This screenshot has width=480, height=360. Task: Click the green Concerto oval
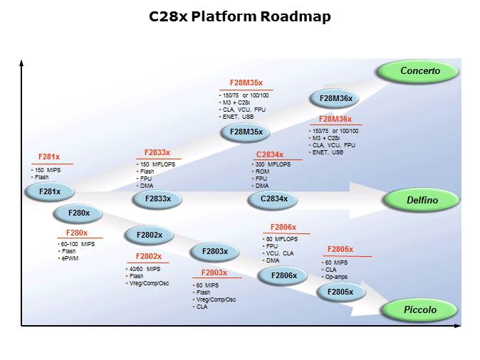(x=419, y=71)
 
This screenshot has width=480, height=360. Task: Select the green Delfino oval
(x=422, y=201)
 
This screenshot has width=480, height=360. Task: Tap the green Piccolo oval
(x=420, y=309)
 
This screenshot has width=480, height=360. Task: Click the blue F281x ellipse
(x=50, y=191)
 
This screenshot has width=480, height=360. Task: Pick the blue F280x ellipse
(x=79, y=213)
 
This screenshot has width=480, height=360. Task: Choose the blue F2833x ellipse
(x=157, y=198)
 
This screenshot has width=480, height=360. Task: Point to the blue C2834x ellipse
(x=273, y=199)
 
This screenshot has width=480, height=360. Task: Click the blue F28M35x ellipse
(x=246, y=132)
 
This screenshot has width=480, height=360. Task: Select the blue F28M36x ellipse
(x=335, y=99)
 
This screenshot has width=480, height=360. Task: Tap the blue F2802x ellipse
(x=149, y=235)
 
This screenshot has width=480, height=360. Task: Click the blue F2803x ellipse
(x=214, y=251)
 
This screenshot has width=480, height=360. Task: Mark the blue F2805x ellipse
(x=340, y=291)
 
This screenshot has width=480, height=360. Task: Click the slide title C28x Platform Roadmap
(x=239, y=16)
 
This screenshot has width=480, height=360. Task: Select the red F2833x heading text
(x=157, y=152)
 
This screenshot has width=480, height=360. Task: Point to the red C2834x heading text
(x=270, y=154)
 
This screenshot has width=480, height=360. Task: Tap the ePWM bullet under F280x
(x=70, y=258)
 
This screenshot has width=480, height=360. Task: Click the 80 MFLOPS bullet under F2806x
(x=284, y=238)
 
